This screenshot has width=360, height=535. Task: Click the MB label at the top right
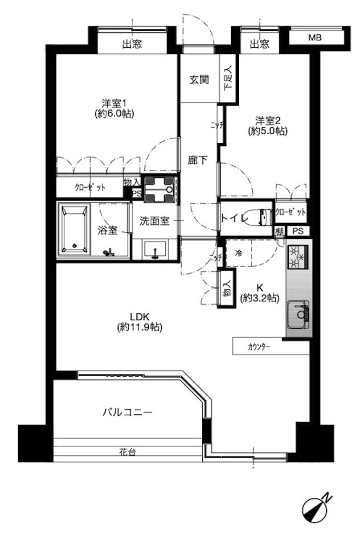point(315,38)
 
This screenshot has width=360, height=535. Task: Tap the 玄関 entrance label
point(199,80)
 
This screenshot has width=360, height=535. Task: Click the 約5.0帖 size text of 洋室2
point(268,131)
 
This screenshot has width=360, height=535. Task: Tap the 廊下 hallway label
point(197,160)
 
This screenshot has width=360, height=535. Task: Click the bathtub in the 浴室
point(74,229)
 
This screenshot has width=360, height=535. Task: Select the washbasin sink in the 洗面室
point(155,250)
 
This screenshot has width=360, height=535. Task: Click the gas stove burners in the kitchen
point(298,257)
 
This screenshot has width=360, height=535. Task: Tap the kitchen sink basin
point(298,314)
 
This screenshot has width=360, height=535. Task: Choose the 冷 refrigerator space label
point(238,253)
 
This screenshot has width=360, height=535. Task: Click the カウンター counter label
point(259,347)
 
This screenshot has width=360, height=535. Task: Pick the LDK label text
point(139,317)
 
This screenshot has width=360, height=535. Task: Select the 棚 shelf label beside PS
point(279,231)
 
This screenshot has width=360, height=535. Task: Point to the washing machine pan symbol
point(160,190)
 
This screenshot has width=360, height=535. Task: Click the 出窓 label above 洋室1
point(132,44)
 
